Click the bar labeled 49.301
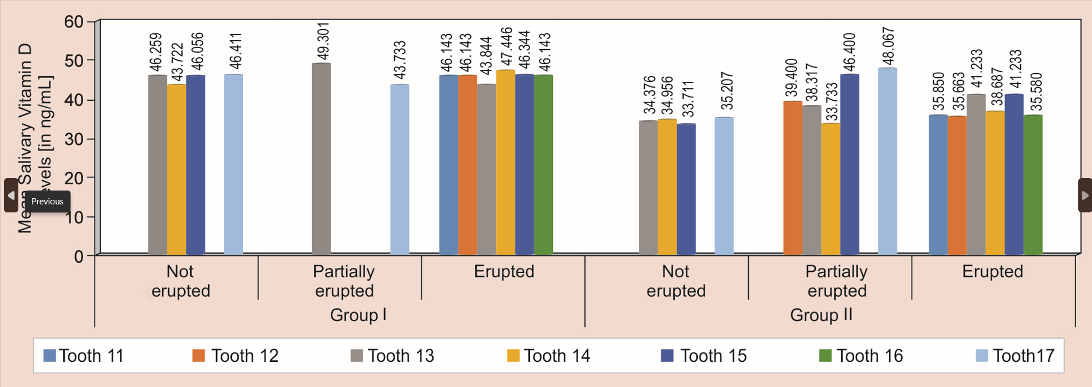click(x=321, y=159)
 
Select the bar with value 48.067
click(x=887, y=161)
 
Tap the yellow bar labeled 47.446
click(x=505, y=162)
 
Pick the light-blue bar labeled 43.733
click(x=399, y=169)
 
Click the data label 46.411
click(x=235, y=51)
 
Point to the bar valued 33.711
click(x=686, y=189)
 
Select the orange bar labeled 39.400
click(x=792, y=177)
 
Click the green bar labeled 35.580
click(x=1033, y=184)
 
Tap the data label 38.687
click(x=997, y=87)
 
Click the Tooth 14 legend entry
click(x=549, y=356)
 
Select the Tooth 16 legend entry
click(x=862, y=356)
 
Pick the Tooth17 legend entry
click(x=1015, y=356)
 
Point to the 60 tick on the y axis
click(x=74, y=22)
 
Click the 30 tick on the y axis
click(x=74, y=139)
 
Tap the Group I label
click(x=358, y=315)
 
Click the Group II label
click(x=821, y=315)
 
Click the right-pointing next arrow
click(x=1085, y=195)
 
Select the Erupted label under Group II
click(x=992, y=271)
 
